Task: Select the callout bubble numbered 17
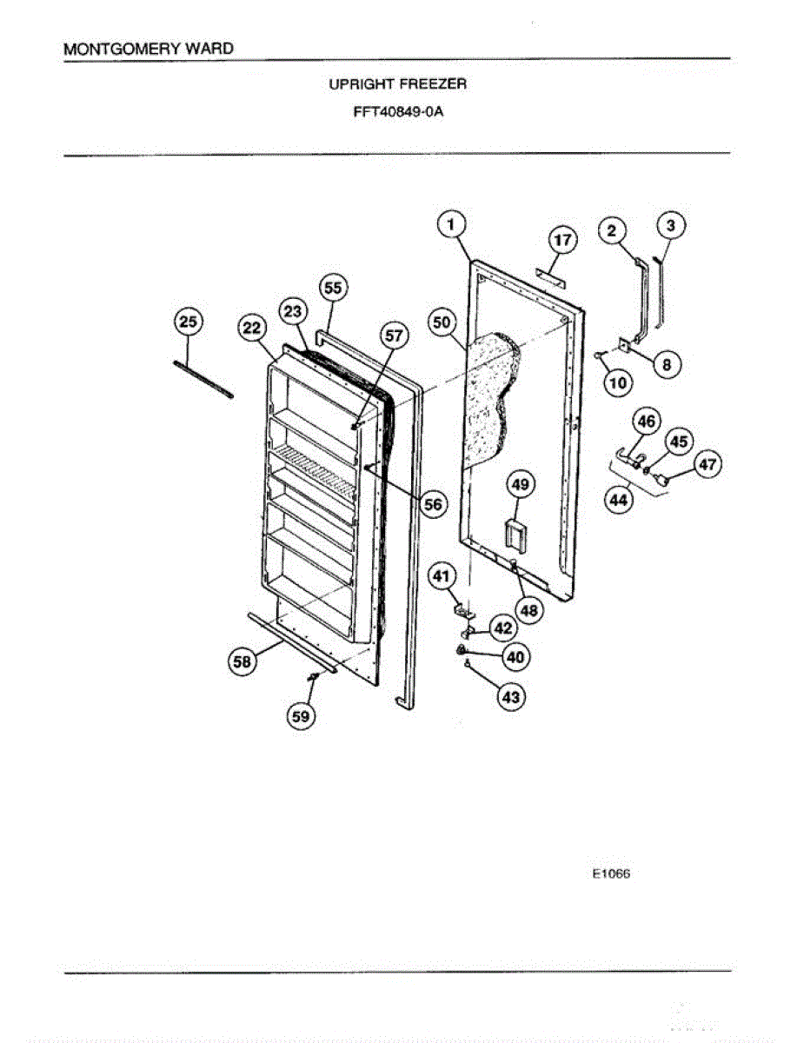click(x=562, y=239)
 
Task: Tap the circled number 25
click(x=187, y=322)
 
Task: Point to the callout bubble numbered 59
click(x=300, y=715)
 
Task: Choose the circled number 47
click(x=708, y=465)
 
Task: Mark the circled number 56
click(x=432, y=504)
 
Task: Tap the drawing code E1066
click(x=612, y=874)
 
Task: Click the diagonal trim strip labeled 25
click(x=204, y=379)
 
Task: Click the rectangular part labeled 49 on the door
click(x=515, y=534)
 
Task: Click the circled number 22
click(x=251, y=328)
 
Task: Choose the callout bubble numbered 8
click(x=667, y=365)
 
